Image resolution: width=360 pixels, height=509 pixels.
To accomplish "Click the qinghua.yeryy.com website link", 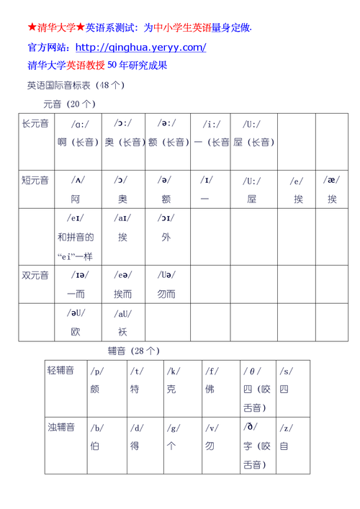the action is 140,48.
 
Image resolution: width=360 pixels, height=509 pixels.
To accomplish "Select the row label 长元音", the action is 35,124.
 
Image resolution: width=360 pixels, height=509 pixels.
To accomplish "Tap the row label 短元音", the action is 35,180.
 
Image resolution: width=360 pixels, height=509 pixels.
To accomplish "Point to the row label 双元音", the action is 35,275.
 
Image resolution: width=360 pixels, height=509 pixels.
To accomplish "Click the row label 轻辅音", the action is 61,371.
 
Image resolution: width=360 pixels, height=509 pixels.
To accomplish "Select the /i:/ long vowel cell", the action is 211,133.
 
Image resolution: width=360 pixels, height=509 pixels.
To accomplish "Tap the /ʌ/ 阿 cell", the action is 76,189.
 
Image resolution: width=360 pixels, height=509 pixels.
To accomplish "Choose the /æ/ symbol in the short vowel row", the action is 331,180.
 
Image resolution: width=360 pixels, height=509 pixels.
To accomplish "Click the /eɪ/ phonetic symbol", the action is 76,217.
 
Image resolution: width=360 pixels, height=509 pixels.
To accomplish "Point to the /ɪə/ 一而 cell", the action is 76,284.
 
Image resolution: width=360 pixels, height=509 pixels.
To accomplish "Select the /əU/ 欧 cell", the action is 76,322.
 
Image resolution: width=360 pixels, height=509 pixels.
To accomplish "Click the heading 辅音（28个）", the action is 133,351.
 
